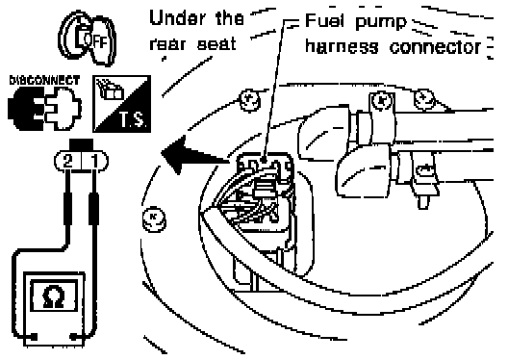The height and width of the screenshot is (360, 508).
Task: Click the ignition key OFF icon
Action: pyautogui.click(x=87, y=39)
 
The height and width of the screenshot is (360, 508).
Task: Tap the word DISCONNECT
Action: pyautogui.click(x=44, y=80)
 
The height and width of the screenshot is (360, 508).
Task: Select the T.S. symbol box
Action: pyautogui.click(x=122, y=104)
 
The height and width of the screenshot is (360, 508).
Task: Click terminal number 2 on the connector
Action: pyautogui.click(x=67, y=161)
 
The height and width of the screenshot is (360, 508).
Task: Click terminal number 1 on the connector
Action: pyautogui.click(x=94, y=161)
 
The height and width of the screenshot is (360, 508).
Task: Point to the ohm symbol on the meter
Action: pyautogui.click(x=54, y=296)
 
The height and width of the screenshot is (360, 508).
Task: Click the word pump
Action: pyautogui.click(x=381, y=23)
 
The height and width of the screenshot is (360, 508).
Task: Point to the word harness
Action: pyautogui.click(x=342, y=46)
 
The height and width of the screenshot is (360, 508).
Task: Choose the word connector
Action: pyautogui.click(x=435, y=47)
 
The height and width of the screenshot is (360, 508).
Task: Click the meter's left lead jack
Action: pyautogui.click(x=33, y=337)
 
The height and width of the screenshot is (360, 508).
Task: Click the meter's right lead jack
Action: pyautogui.click(x=74, y=337)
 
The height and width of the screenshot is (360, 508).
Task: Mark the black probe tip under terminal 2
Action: pyautogui.click(x=67, y=208)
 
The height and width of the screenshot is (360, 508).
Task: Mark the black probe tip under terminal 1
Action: pyautogui.click(x=94, y=208)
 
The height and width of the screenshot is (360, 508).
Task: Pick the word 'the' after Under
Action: pyautogui.click(x=229, y=18)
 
